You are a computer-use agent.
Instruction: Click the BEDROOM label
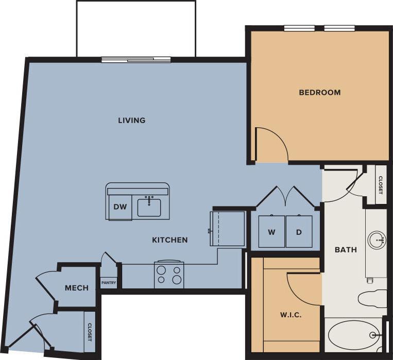click(320, 93)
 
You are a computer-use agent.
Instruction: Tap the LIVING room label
click(132, 121)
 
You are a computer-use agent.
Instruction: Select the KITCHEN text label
click(169, 240)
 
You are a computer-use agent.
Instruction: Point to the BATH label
click(346, 250)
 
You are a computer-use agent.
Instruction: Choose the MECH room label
click(76, 288)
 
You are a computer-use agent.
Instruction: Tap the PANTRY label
click(108, 283)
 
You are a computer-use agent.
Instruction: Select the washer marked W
click(271, 232)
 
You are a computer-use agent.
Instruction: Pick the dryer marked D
click(299, 232)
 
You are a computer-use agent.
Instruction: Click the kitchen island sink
click(149, 207)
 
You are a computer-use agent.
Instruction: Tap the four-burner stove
click(169, 275)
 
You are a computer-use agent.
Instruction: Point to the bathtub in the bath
click(353, 335)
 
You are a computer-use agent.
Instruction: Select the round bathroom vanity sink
click(377, 239)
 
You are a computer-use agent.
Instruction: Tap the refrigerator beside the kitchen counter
click(228, 228)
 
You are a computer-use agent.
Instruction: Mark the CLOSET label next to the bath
click(381, 185)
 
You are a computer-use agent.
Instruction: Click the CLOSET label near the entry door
click(90, 332)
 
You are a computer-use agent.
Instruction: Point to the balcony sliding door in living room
click(136, 60)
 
